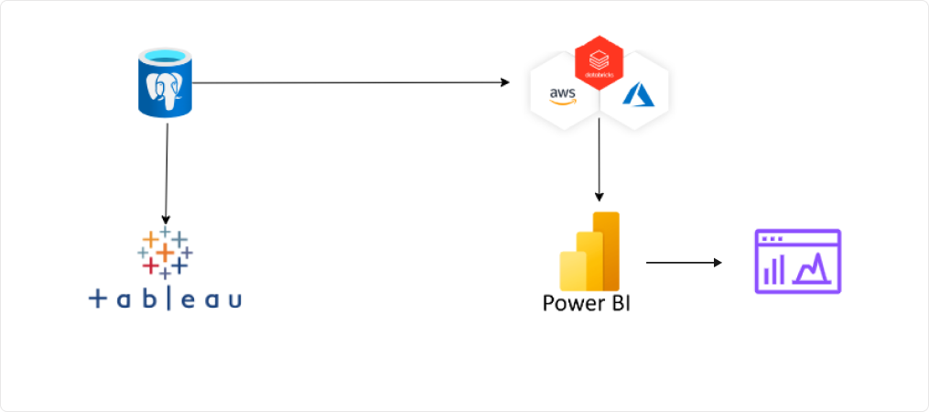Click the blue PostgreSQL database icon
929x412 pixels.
[166, 84]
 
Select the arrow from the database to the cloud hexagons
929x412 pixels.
[348, 82]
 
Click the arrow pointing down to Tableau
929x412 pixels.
[166, 174]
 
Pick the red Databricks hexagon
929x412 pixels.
[599, 64]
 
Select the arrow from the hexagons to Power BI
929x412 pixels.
[599, 160]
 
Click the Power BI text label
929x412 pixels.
[586, 302]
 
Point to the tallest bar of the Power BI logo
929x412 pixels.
[607, 249]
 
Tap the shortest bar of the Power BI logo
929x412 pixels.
[573, 271]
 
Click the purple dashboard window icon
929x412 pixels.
[797, 261]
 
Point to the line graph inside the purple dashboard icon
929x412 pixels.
[814, 268]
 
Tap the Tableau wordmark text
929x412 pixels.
[166, 298]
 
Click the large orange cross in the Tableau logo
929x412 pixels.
[165, 250]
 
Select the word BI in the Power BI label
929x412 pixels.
[614, 302]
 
